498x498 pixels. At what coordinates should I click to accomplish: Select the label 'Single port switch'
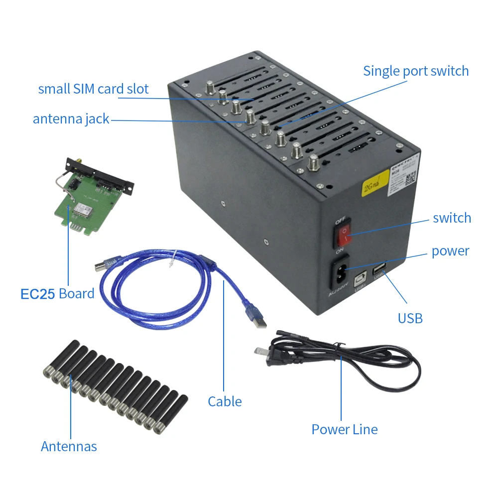(416, 71)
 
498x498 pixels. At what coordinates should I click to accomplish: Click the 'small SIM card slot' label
(93, 89)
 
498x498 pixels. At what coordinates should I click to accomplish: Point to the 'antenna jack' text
(71, 119)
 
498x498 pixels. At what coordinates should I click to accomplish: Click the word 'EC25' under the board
(37, 294)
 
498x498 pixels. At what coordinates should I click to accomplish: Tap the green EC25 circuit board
(90, 204)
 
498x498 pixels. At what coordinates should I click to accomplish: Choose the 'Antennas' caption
(69, 446)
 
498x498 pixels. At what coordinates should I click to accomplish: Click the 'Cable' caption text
(225, 401)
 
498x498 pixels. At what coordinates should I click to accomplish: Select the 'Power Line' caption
(345, 429)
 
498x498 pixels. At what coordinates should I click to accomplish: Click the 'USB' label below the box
(410, 318)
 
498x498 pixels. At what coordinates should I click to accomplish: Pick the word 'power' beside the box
(450, 251)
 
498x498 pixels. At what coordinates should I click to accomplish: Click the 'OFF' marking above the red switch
(341, 220)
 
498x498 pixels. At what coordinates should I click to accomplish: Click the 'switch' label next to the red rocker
(452, 218)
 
